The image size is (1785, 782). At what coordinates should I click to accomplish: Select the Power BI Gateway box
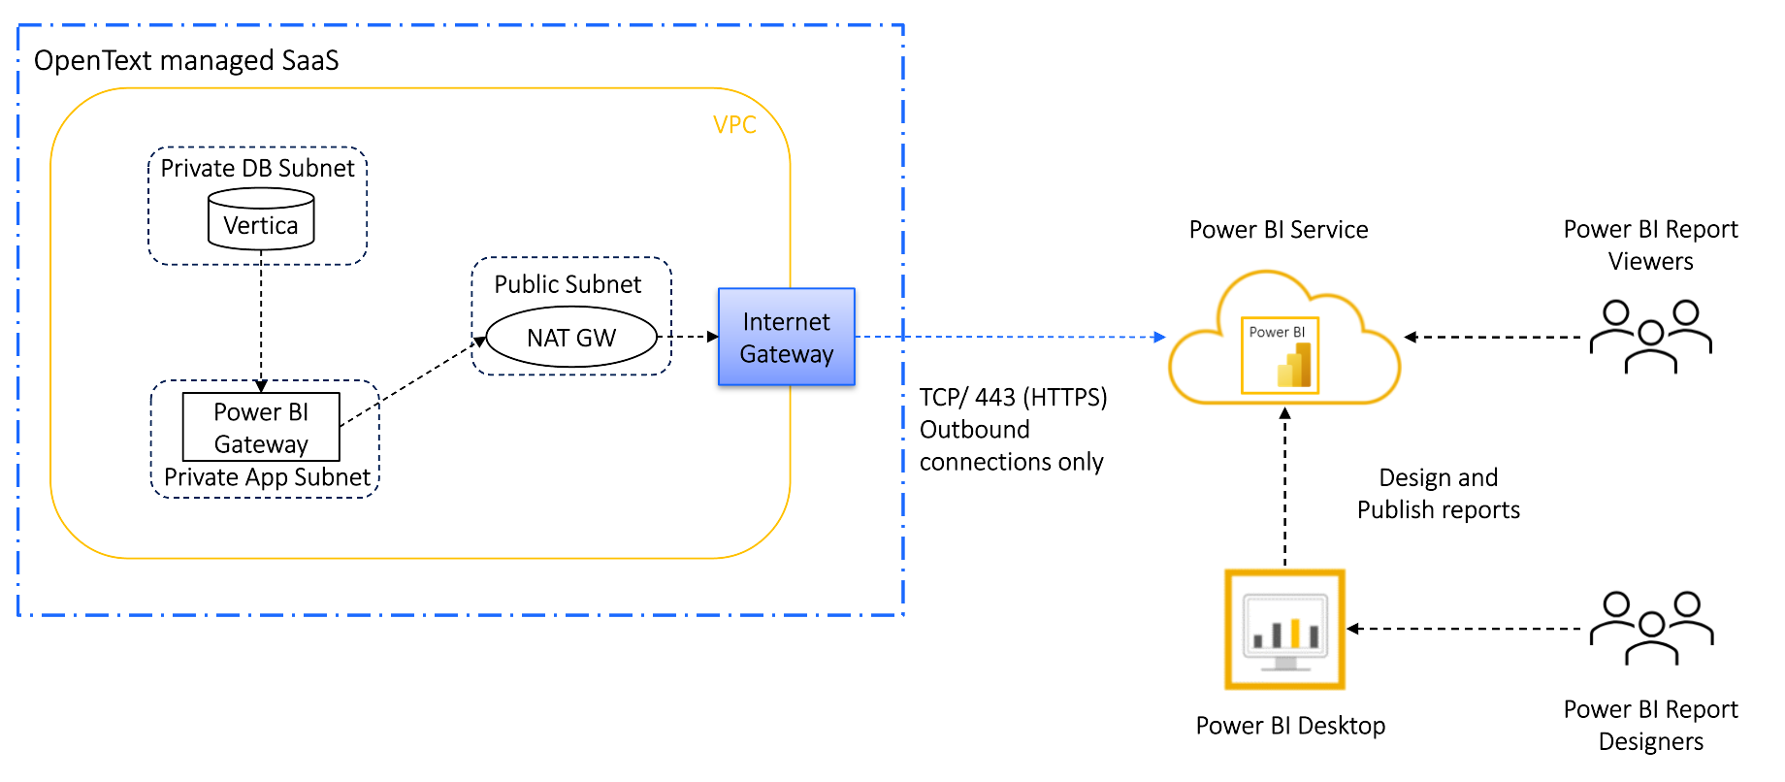click(x=261, y=427)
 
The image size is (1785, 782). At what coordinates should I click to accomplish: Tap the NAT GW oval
click(x=571, y=338)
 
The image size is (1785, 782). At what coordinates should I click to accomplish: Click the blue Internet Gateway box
click(x=786, y=337)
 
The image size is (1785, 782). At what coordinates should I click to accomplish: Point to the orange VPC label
click(x=734, y=124)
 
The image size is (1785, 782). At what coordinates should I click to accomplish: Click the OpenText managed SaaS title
click(x=186, y=60)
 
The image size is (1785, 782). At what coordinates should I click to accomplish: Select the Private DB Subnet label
click(x=257, y=168)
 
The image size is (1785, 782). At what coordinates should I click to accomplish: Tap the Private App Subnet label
click(x=267, y=476)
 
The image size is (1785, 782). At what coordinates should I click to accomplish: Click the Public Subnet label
click(x=568, y=284)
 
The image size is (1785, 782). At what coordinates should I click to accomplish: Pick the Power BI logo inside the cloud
click(x=1281, y=355)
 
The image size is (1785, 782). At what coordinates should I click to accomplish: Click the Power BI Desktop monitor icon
click(x=1284, y=629)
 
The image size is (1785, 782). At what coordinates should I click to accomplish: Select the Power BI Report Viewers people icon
click(x=1650, y=336)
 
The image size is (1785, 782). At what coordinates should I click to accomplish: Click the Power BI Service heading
click(x=1279, y=230)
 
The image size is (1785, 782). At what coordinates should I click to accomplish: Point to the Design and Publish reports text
click(x=1438, y=494)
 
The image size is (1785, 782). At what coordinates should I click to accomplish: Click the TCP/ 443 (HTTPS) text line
click(x=1013, y=397)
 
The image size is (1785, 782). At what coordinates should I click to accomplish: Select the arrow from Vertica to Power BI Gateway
click(x=261, y=320)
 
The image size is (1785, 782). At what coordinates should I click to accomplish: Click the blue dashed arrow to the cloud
click(x=1009, y=337)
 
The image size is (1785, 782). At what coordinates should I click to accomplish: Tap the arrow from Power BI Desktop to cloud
click(x=1284, y=485)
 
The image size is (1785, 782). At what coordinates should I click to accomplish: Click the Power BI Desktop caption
click(x=1290, y=726)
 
